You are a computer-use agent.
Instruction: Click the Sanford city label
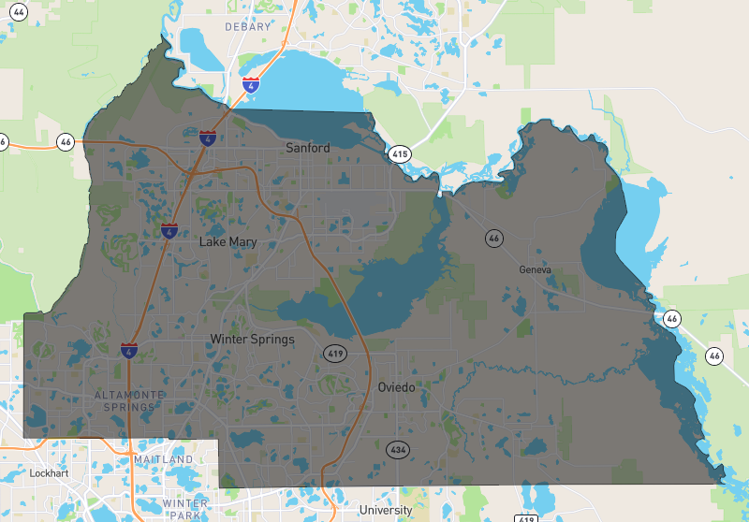click(308, 148)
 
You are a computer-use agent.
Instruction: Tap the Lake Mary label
click(228, 242)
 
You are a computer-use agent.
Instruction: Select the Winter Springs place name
click(252, 339)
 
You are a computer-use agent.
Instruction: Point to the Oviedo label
click(396, 387)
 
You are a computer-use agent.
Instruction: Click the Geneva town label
click(536, 269)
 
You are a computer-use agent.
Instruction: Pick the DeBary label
click(247, 27)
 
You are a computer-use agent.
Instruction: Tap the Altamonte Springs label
click(130, 401)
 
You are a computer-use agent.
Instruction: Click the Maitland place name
click(163, 460)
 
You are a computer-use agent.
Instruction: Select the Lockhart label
click(50, 473)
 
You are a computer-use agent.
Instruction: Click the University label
click(386, 510)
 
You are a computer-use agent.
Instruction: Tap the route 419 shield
click(335, 354)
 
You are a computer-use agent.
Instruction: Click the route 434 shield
click(399, 450)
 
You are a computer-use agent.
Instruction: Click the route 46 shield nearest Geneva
click(493, 239)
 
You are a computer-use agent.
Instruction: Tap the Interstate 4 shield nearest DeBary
click(251, 85)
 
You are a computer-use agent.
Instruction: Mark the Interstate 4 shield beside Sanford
click(208, 138)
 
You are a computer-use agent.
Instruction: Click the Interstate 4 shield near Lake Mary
click(169, 229)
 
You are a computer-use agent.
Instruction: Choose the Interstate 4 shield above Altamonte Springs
click(128, 351)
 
